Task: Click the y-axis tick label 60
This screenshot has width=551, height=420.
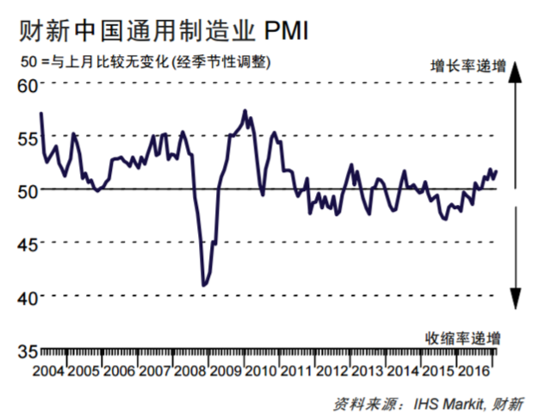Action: coord(26,85)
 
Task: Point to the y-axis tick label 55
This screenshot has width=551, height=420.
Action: coord(26,138)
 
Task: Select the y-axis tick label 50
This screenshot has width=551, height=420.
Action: coord(26,190)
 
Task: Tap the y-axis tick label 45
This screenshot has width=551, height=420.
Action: coord(26,244)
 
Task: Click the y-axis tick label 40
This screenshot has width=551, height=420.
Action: coord(26,297)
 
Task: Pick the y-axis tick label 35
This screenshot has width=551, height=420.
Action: coord(26,350)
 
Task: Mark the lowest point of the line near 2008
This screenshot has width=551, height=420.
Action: coord(204,285)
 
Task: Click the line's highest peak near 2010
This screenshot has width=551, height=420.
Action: coord(245,111)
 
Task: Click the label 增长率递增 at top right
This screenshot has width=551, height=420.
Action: coord(467,66)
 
